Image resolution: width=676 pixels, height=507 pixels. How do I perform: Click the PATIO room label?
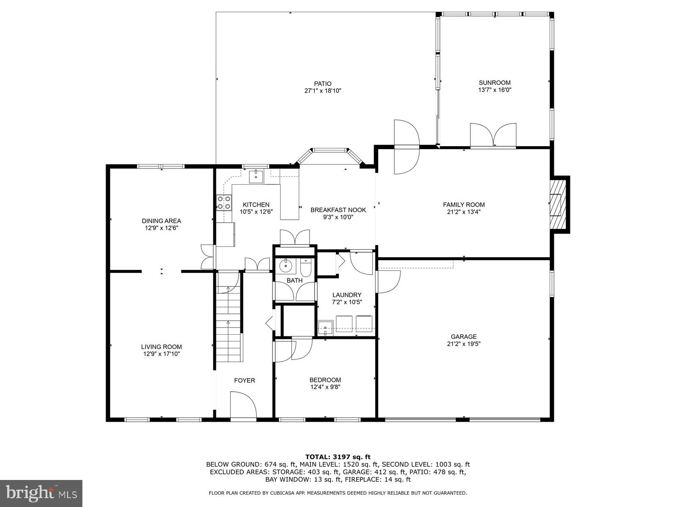[323, 84]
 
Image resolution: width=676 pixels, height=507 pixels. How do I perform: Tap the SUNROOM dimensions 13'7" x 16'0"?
[495, 90]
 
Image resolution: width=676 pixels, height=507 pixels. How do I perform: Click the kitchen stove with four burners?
[224, 203]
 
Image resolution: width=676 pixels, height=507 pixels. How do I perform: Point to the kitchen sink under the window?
[256, 176]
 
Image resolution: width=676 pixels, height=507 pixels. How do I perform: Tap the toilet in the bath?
[306, 267]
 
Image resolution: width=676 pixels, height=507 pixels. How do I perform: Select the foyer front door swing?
[243, 404]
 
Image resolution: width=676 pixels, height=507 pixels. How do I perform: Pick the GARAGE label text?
[464, 337]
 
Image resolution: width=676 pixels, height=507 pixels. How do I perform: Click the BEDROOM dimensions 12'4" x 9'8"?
[325, 387]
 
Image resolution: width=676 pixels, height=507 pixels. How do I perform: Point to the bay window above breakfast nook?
[330, 156]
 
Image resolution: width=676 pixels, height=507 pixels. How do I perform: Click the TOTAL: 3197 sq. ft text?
[338, 457]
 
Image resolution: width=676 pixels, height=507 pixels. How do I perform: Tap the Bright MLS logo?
[41, 493]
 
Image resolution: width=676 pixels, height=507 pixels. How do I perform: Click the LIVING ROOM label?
[161, 347]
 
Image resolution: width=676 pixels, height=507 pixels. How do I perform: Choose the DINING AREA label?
[161, 221]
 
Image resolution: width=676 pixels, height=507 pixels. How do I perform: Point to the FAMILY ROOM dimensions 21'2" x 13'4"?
[464, 212]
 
